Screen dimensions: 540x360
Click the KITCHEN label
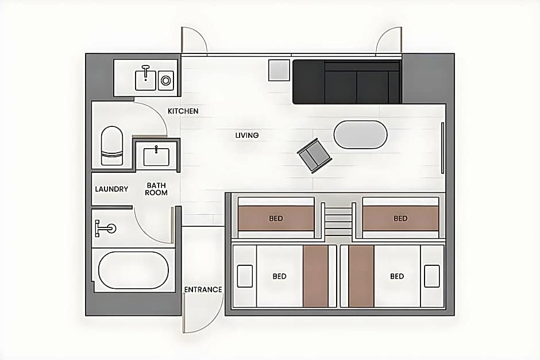tap(183, 111)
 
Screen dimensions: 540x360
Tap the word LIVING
tap(247, 136)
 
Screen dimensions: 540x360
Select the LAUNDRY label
tap(111, 189)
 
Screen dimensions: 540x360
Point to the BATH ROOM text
tap(156, 189)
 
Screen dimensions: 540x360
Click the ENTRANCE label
tap(203, 289)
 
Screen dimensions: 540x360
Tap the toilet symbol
tap(112, 146)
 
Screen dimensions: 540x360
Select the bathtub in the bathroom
tap(134, 270)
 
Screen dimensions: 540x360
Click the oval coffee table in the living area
tap(361, 134)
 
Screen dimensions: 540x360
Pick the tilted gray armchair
tap(314, 156)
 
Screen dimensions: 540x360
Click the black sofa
tap(346, 82)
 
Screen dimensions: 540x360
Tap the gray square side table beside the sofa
tap(279, 70)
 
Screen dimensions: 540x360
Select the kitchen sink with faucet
tap(145, 79)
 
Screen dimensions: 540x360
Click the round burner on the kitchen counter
tap(165, 80)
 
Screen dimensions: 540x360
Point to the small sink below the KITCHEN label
tap(156, 156)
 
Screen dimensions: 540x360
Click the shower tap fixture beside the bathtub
tap(105, 228)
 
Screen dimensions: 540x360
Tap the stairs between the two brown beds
tap(338, 220)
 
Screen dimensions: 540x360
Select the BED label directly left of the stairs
tap(276, 219)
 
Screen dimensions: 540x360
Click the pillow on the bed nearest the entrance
tap(245, 276)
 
